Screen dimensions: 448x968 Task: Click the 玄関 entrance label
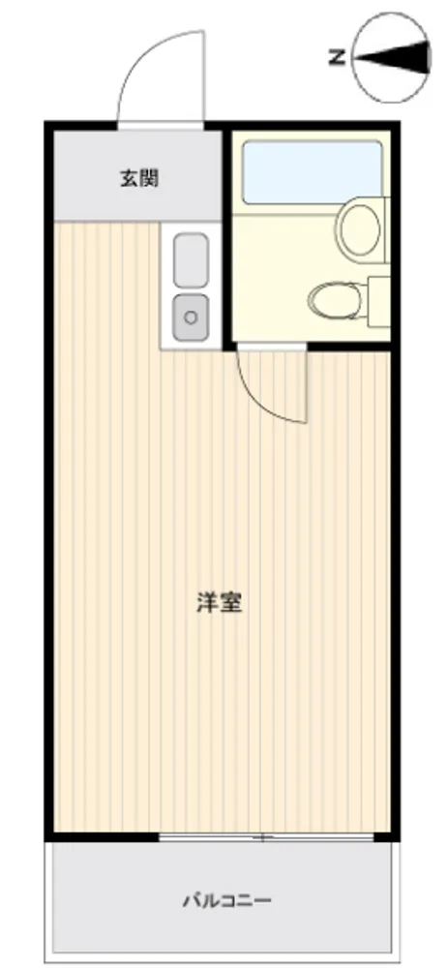pos(138,179)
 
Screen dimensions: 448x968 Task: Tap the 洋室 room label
pos(219,602)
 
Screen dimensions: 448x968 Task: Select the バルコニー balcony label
pos(226,900)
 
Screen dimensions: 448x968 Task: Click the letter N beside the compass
pos(337,58)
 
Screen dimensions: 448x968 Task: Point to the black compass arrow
pos(392,56)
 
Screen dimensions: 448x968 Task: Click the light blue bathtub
pos(313,172)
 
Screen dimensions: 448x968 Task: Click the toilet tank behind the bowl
pos(379,301)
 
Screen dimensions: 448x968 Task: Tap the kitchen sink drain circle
pos(192,318)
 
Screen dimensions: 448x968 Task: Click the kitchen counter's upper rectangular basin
pos(191,260)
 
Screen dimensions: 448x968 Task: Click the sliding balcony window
pos(267,837)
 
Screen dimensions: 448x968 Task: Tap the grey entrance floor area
pos(137,176)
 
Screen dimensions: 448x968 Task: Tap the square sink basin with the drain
pos(192,318)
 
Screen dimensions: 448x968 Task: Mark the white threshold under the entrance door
pos(161,126)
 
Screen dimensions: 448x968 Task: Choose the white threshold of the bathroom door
pos(272,347)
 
